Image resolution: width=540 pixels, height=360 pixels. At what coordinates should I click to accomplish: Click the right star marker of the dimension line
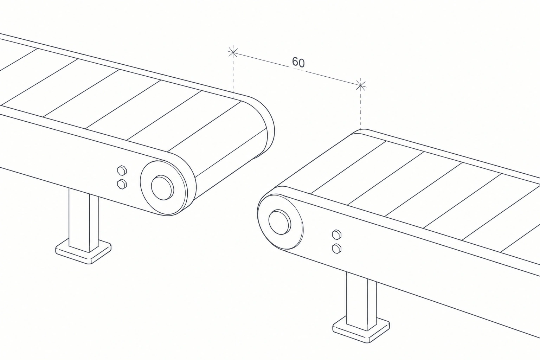361,85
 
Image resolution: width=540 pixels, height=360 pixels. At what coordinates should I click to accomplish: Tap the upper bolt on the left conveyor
122,170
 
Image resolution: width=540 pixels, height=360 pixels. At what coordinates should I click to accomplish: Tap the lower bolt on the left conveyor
122,184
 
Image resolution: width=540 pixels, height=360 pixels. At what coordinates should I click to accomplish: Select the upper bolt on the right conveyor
336,234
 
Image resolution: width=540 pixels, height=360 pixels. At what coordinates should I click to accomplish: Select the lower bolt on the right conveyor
336,249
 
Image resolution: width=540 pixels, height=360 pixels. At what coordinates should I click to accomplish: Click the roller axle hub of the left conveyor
162,188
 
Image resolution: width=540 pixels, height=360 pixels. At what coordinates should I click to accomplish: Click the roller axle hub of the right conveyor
279,222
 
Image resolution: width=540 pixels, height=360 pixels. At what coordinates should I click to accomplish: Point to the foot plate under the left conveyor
83,252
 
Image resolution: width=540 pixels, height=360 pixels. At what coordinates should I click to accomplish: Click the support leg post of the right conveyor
361,299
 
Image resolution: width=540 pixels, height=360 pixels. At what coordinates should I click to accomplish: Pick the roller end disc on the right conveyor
281,222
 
